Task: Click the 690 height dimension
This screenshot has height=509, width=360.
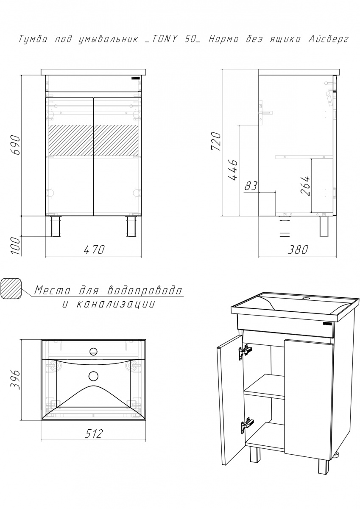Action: point(16,145)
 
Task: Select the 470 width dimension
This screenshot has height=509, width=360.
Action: point(94,250)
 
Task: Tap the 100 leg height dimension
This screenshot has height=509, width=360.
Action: point(16,246)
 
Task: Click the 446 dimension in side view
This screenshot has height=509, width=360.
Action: point(233,170)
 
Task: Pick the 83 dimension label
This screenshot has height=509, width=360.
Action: point(251,186)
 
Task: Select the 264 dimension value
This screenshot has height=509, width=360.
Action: point(305,186)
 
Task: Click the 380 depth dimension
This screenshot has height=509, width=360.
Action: point(298,250)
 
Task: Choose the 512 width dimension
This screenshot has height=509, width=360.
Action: point(94,433)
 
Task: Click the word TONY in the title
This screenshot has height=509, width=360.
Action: point(162,39)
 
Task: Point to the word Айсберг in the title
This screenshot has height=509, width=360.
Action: point(325,39)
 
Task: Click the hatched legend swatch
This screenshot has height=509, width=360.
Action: point(11,289)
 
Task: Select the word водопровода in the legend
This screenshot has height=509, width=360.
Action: point(145,290)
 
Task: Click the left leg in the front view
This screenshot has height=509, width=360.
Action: point(56,226)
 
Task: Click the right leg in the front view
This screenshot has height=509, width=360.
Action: point(131,226)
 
